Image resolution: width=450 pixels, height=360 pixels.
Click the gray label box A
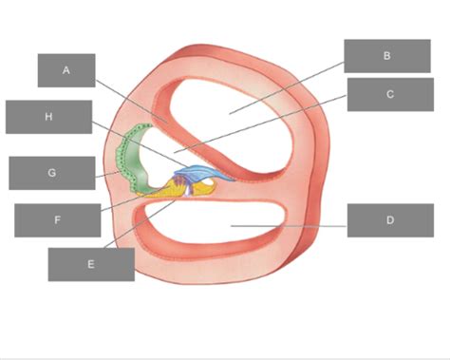[x=66, y=70]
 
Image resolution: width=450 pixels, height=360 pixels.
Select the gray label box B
[x=387, y=56]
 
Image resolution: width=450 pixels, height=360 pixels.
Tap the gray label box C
[x=390, y=94]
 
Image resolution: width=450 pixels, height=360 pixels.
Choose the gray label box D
[x=390, y=220]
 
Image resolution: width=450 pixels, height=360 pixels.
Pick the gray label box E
[x=91, y=264]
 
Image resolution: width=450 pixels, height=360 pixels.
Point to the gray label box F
[x=58, y=220]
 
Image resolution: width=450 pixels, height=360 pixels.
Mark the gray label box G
[x=52, y=173]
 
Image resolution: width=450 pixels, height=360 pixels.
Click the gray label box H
[x=48, y=117]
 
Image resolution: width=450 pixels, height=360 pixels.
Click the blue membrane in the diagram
[x=202, y=173]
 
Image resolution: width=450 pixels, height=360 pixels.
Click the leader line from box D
[x=289, y=226]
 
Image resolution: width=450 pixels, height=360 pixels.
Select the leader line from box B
[x=287, y=87]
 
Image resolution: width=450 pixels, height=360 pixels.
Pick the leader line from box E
[x=140, y=223]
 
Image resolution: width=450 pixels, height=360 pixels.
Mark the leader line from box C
[x=260, y=123]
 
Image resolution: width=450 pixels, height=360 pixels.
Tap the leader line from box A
[x=132, y=101]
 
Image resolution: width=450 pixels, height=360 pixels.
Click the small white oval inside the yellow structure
[x=208, y=181]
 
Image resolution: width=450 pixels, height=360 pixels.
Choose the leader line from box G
[x=107, y=175]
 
